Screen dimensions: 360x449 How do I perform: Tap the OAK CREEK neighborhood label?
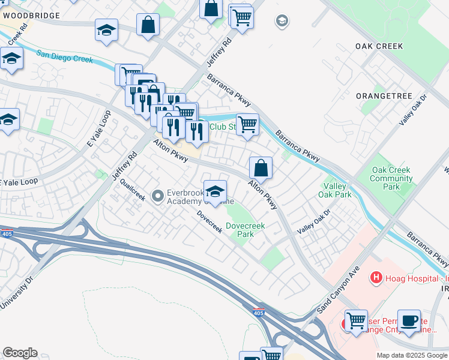pos(379,46)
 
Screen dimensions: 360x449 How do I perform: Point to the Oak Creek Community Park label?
pos(391,178)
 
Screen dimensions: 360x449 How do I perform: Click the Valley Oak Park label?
pos(337,190)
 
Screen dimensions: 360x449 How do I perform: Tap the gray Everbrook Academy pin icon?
pos(158,196)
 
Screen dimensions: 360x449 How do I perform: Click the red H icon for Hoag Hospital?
pos(376,277)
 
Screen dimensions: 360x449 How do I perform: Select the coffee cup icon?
pos(410,320)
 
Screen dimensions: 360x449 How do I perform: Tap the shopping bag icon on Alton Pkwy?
pos(261,167)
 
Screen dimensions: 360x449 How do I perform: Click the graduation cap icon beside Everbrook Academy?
pos(215,191)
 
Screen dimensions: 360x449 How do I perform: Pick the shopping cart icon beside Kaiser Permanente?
pos(356,320)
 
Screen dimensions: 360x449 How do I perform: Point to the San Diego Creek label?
pos(64,56)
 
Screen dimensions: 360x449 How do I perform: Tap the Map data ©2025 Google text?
pos(411,355)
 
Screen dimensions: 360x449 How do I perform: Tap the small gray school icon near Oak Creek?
pos(281,22)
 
